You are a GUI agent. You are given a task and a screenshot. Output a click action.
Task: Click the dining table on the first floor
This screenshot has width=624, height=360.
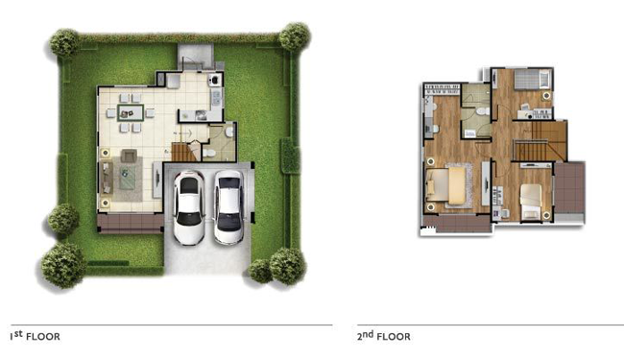pyautogui.click(x=131, y=112)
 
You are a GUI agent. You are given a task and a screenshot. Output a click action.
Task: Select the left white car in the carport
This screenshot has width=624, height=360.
pyautogui.click(x=189, y=207)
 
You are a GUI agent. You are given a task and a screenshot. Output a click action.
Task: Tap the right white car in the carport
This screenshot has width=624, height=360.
pyautogui.click(x=228, y=207)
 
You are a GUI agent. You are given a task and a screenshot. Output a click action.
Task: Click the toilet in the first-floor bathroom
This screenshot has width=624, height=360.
pyautogui.click(x=209, y=153)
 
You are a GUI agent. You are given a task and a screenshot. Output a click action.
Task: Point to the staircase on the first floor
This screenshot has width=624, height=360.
pyautogui.click(x=184, y=152)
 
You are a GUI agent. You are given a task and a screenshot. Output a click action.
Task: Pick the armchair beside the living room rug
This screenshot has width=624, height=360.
pyautogui.click(x=129, y=156)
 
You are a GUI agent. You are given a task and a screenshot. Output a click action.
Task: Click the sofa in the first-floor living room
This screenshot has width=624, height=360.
pyautogui.click(x=106, y=178)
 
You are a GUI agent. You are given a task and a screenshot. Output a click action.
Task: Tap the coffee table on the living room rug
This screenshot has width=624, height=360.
pyautogui.click(x=127, y=177)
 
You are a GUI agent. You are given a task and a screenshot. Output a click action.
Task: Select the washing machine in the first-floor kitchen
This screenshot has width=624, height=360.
pyautogui.click(x=215, y=80)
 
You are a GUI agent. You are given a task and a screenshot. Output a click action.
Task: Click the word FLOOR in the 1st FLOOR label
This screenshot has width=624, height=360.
pyautogui.click(x=43, y=337)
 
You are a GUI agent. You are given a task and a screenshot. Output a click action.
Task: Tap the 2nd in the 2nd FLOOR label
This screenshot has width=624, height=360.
pyautogui.click(x=365, y=335)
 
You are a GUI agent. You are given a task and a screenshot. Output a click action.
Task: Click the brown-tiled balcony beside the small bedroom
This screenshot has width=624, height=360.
pyautogui.click(x=569, y=187)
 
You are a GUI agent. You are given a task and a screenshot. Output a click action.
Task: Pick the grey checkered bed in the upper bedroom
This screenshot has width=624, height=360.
pyautogui.click(x=532, y=79)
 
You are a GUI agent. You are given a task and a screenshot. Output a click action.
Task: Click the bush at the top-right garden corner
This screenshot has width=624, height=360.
pyautogui.click(x=295, y=36)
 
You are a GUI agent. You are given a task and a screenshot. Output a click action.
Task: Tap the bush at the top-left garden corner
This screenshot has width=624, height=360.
pyautogui.click(x=64, y=42)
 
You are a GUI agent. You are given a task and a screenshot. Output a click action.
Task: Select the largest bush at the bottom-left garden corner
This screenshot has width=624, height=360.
pyautogui.click(x=63, y=265)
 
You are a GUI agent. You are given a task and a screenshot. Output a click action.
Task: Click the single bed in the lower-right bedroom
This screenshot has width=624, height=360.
pyautogui.click(x=531, y=202)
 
